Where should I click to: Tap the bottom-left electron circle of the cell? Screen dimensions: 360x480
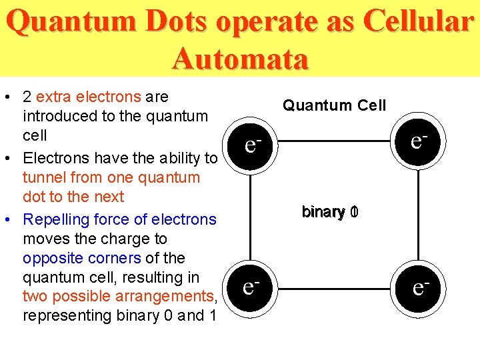point(250,287)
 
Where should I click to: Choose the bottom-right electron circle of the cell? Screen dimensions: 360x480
point(419,287)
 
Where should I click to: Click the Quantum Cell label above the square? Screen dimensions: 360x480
point(334,105)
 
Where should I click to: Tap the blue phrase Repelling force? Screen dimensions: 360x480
point(73,219)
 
